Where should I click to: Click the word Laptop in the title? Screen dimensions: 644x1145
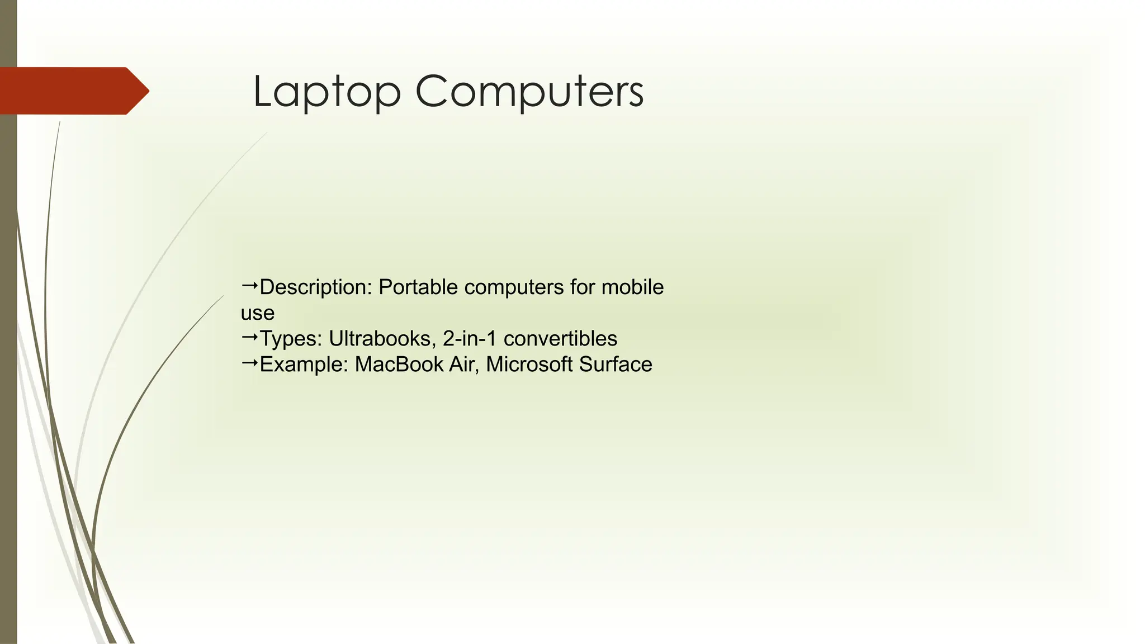coord(327,92)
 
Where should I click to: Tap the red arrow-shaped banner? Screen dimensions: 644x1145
coord(73,91)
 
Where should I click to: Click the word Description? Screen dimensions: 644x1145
coord(315,287)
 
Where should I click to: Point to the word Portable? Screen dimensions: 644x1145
coord(418,287)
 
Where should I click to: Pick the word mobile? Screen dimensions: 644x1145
coord(632,287)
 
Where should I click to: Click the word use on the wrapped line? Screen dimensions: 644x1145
coord(257,313)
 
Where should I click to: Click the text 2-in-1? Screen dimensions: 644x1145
coord(470,339)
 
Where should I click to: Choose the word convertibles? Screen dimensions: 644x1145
coord(560,339)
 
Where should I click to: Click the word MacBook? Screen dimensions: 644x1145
coord(399,364)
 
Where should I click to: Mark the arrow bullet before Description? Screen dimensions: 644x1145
coord(249,286)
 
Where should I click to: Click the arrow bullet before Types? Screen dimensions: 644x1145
coord(249,337)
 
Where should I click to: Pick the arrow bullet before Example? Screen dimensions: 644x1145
coord(249,363)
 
